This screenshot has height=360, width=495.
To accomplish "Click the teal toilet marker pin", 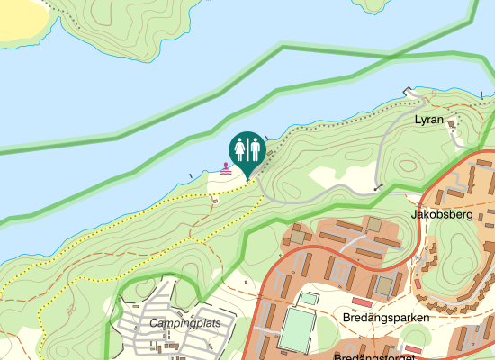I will click(x=247, y=148).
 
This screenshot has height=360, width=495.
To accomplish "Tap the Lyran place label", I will click(x=428, y=119).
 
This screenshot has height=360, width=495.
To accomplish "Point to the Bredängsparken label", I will click(x=386, y=318).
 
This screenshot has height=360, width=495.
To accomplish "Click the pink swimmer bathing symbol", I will click(x=225, y=167).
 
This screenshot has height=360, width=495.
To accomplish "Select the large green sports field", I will click(x=296, y=330).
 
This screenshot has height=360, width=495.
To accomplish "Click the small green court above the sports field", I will click(x=309, y=297).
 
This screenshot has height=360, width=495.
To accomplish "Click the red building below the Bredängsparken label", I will click(x=413, y=348).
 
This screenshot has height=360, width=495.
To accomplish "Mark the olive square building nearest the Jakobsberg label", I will click(x=374, y=223).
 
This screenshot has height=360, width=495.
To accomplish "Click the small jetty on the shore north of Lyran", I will click(x=410, y=90).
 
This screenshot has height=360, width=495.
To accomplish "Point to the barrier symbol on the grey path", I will click(x=378, y=187).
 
